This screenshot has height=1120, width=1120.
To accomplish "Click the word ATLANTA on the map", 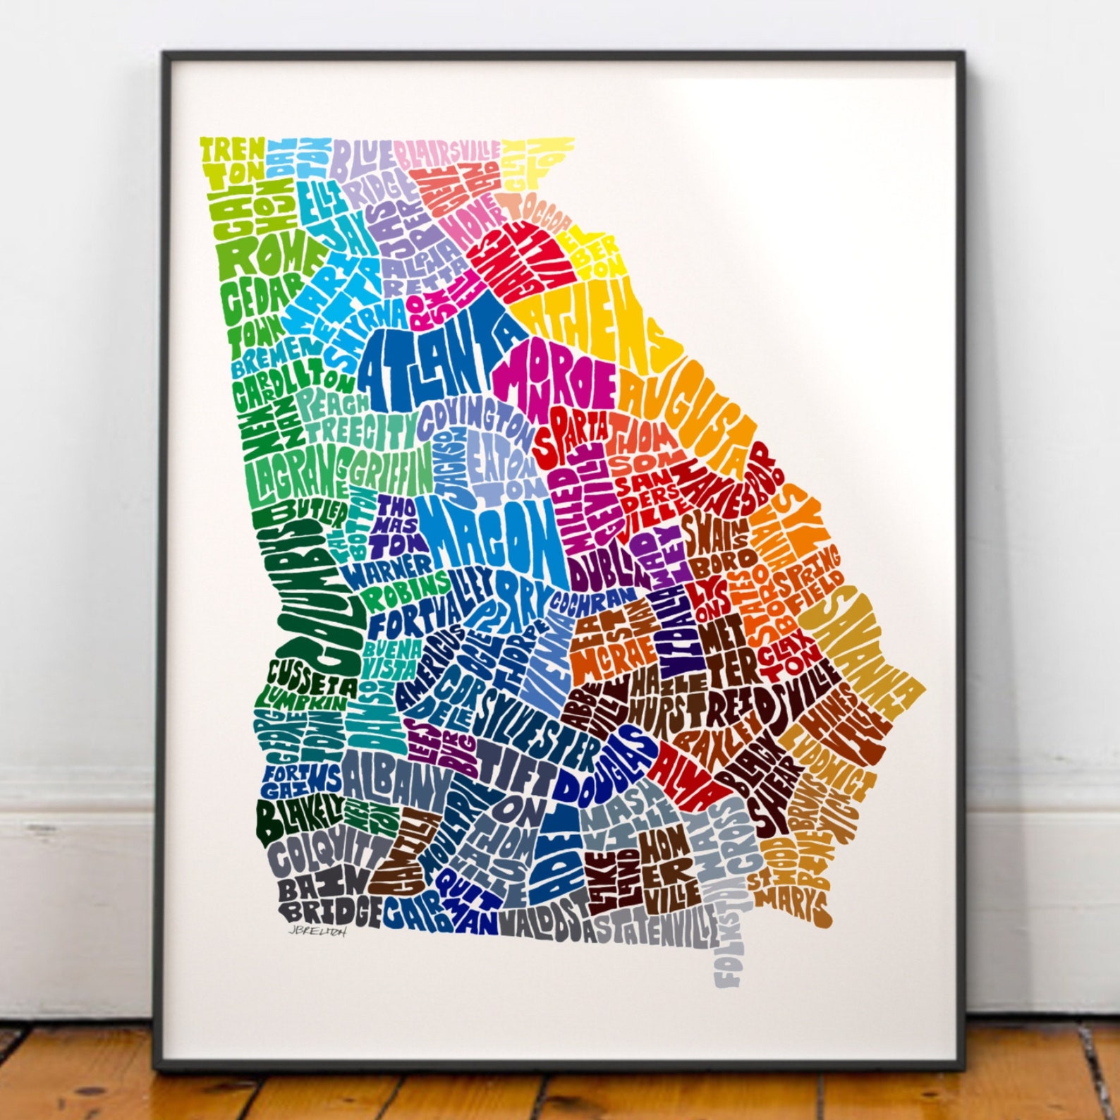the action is point(430,360).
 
